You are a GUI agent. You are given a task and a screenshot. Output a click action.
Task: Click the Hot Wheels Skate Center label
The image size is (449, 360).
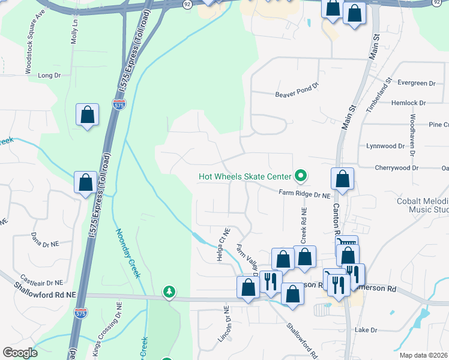(x=245, y=176)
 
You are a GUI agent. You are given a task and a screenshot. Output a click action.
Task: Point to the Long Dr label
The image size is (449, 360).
(x=49, y=76)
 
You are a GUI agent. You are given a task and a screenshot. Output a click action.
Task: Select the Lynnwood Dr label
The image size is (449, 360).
(x=385, y=146)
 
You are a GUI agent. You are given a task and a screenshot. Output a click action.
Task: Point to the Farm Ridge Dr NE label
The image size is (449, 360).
(x=305, y=194)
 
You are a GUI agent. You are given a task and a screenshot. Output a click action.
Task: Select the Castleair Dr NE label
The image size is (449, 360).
(x=42, y=280)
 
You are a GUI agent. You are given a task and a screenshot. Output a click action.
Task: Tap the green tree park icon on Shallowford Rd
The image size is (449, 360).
(x=170, y=292)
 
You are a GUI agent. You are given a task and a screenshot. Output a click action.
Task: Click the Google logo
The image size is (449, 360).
(x=20, y=353)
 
